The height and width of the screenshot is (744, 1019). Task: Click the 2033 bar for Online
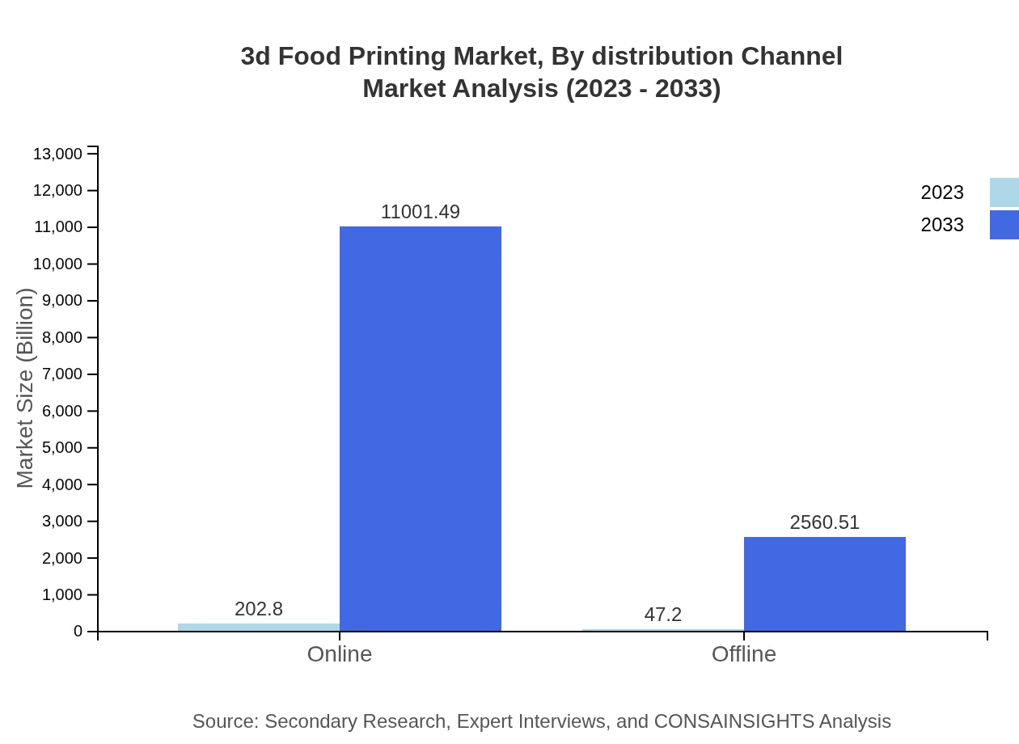pyautogui.click(x=421, y=429)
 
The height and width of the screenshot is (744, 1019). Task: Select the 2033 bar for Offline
pyautogui.click(x=825, y=584)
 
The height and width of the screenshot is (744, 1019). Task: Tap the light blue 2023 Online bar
pyautogui.click(x=259, y=627)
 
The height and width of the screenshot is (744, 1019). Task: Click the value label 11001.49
pyautogui.click(x=421, y=212)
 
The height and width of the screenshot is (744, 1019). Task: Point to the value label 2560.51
pyautogui.click(x=825, y=522)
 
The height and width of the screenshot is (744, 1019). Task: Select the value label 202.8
pyautogui.click(x=259, y=609)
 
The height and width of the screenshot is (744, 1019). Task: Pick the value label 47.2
pyautogui.click(x=663, y=615)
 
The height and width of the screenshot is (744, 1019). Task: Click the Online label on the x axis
pyautogui.click(x=340, y=653)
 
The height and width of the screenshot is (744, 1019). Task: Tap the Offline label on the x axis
pyautogui.click(x=744, y=653)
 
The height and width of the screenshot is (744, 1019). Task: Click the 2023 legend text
pyautogui.click(x=942, y=192)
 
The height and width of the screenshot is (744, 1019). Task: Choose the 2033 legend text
pyautogui.click(x=942, y=225)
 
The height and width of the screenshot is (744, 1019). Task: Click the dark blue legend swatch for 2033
pyautogui.click(x=1004, y=225)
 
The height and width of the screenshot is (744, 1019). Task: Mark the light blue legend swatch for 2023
pyautogui.click(x=1004, y=192)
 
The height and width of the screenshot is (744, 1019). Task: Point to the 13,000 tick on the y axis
pyautogui.click(x=57, y=154)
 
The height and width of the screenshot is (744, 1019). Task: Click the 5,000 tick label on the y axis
pyautogui.click(x=61, y=448)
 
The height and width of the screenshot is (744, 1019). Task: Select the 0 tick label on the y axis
pyautogui.click(x=78, y=632)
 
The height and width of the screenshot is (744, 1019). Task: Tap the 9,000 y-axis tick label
pyautogui.click(x=61, y=301)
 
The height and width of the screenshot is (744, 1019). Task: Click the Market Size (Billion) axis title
pyautogui.click(x=25, y=388)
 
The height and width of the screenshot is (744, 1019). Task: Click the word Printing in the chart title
pyautogui.click(x=397, y=57)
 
